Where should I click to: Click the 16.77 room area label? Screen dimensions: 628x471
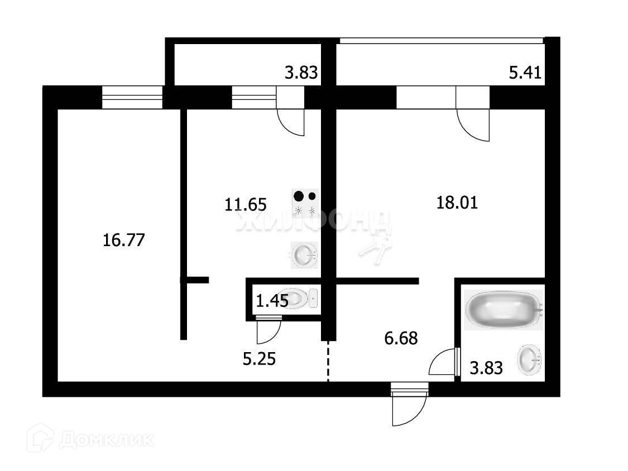(x=124, y=241)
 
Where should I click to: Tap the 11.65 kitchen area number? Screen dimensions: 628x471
(x=246, y=204)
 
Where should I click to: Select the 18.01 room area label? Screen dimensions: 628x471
(x=457, y=202)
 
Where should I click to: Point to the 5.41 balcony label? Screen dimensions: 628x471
(x=525, y=73)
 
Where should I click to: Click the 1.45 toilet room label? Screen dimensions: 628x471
(x=272, y=301)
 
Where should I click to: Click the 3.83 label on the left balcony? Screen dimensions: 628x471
(x=301, y=73)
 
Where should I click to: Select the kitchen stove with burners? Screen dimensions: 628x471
(x=305, y=203)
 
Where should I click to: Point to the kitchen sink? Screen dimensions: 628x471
(x=304, y=256)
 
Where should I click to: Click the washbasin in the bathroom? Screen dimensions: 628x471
(x=529, y=360)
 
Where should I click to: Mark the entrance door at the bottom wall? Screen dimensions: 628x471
(x=409, y=405)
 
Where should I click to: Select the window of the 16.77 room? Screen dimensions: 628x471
(x=132, y=97)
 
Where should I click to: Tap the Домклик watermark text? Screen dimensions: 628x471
(x=106, y=440)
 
